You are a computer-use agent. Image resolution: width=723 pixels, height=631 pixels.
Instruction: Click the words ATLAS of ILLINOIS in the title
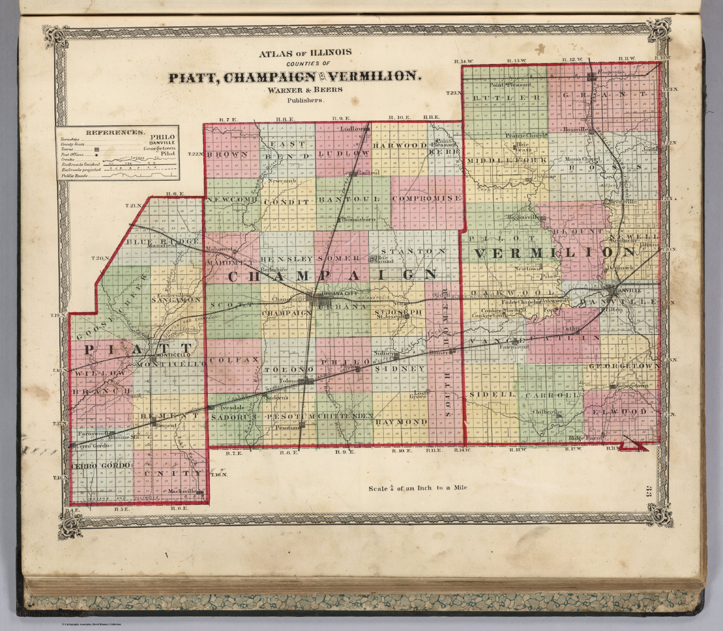(305, 53)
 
